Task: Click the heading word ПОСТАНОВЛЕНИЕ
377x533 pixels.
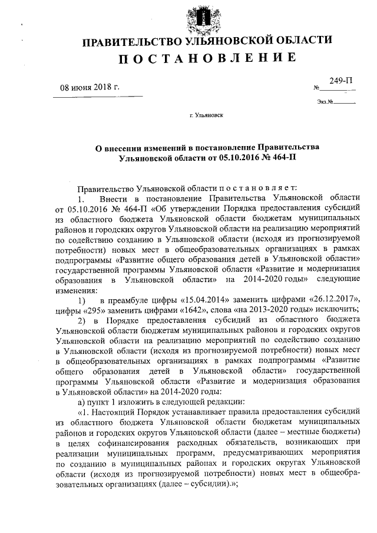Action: [x=205, y=58]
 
